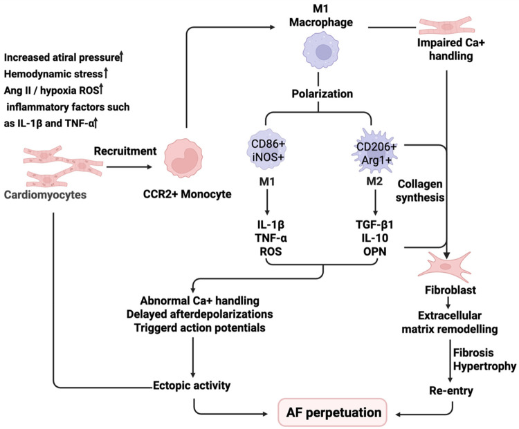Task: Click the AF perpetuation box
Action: [x=332, y=412]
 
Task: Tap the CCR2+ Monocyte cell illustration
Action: [x=183, y=158]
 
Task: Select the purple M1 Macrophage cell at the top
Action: [x=321, y=50]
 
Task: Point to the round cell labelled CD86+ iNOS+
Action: [x=267, y=150]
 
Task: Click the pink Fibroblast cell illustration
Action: [x=444, y=265]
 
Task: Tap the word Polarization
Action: [x=322, y=94]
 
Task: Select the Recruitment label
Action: [x=125, y=151]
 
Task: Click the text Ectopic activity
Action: [x=192, y=385]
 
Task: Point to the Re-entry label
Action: [x=451, y=391]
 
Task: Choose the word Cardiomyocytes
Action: [x=45, y=195]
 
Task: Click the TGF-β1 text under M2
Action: [x=374, y=225]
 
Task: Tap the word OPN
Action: [x=374, y=251]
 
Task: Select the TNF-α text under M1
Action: [x=271, y=238]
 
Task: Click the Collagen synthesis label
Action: [x=420, y=191]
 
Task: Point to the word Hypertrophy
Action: [x=484, y=366]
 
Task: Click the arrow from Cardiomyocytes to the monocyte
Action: [x=129, y=167]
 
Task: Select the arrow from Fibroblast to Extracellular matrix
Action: [x=448, y=303]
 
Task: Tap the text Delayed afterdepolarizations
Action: [x=199, y=314]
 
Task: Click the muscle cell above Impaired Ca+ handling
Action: [x=447, y=26]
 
